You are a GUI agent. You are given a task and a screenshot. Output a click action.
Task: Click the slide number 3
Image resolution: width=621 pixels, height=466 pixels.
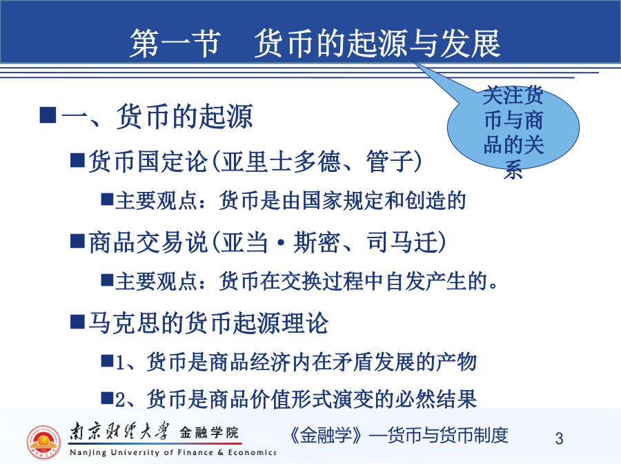coord(559,438)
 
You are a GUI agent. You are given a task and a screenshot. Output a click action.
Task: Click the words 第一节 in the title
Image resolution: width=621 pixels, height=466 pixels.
coord(175,43)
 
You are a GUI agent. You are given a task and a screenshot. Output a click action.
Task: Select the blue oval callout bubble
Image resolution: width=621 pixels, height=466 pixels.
coord(513,128)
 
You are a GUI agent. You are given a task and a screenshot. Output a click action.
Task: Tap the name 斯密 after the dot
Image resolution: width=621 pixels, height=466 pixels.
coord(317,242)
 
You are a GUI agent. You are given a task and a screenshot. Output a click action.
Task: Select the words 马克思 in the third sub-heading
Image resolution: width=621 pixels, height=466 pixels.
coord(124,323)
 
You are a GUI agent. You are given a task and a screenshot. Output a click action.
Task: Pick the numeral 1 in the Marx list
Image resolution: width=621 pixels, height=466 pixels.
coord(120,362)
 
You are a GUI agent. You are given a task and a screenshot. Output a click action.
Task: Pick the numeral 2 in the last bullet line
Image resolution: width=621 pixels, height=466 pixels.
coord(120,400)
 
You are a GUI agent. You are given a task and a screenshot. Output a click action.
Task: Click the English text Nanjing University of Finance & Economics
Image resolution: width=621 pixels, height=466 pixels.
coord(172,452)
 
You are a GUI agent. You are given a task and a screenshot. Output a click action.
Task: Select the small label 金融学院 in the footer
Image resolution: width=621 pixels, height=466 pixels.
coord(209,432)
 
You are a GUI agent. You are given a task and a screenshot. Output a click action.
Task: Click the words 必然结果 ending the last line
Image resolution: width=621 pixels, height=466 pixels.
coord(435,399)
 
